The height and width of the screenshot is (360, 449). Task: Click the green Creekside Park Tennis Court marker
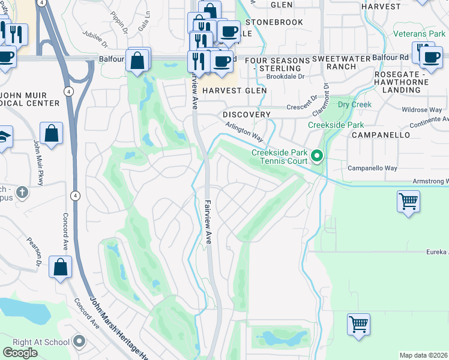(x=318, y=157)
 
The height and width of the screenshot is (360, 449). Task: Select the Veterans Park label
(x=420, y=34)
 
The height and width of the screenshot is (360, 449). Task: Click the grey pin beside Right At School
(x=80, y=342)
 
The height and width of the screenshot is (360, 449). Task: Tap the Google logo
(x=20, y=353)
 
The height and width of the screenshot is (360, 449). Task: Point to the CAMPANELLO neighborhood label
(x=381, y=135)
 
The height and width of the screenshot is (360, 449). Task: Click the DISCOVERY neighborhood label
(x=247, y=114)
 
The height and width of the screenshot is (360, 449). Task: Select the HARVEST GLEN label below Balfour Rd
(x=234, y=91)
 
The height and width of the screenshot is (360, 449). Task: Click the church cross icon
(x=22, y=193)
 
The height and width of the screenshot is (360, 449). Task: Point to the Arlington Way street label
(x=245, y=130)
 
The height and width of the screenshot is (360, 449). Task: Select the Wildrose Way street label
(x=422, y=110)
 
